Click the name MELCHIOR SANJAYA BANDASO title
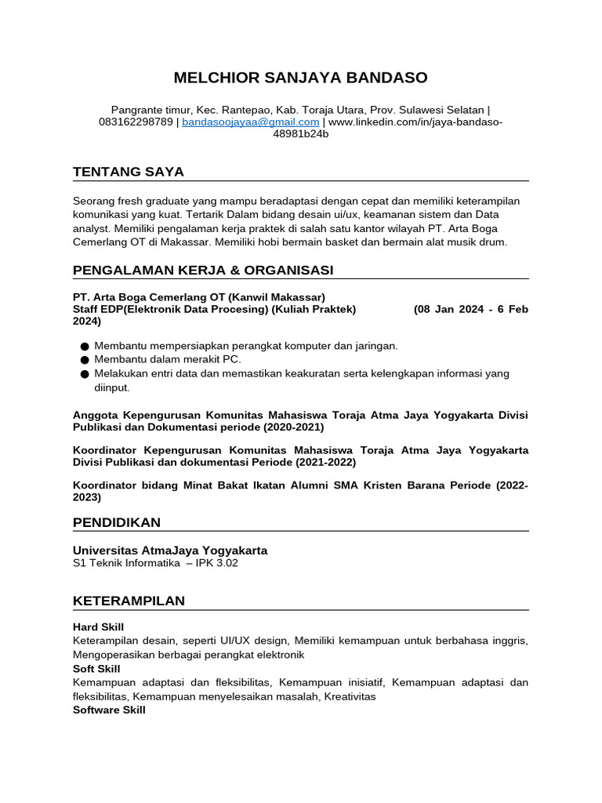click(x=300, y=78)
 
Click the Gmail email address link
click(x=251, y=122)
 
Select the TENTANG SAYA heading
click(x=129, y=172)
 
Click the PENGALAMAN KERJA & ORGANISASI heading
click(x=203, y=270)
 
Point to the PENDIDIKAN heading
click(x=117, y=521)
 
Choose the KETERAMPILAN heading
click(x=129, y=601)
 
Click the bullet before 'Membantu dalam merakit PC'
click(x=84, y=360)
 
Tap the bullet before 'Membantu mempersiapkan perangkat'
click(x=84, y=346)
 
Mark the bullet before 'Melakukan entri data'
click(x=84, y=374)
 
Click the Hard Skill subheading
click(x=98, y=627)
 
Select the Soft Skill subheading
click(x=96, y=669)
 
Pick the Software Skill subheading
click(x=109, y=710)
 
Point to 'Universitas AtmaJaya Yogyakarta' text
click(x=170, y=550)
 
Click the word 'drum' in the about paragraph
click(x=494, y=242)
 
